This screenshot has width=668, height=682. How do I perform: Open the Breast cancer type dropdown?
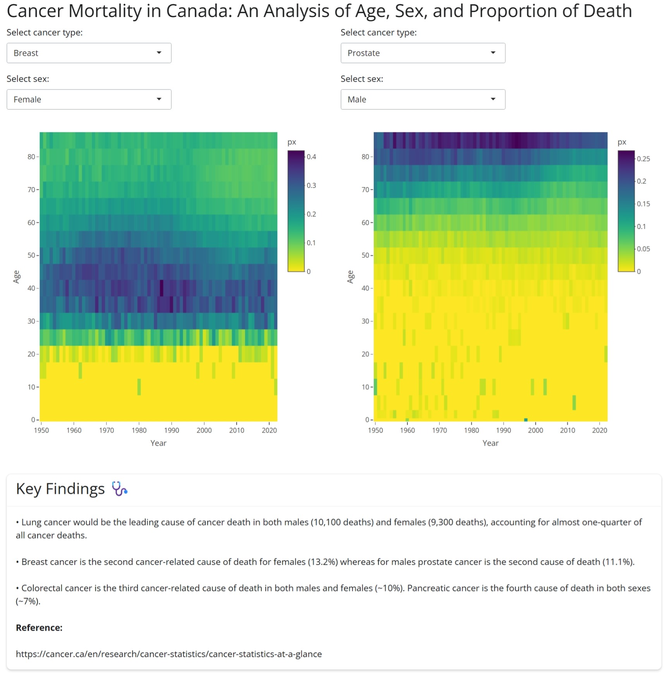(x=89, y=53)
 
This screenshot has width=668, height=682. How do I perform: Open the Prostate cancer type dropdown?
(x=422, y=53)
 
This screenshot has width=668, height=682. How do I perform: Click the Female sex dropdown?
(x=89, y=100)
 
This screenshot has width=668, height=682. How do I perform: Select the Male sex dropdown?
(x=422, y=100)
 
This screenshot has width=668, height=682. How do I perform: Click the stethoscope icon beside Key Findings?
(x=120, y=489)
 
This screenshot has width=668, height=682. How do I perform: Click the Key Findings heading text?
(x=60, y=489)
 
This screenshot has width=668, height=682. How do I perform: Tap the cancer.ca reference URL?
(x=169, y=654)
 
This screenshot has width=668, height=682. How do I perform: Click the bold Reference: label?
(x=39, y=628)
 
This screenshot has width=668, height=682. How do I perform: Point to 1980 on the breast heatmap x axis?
(x=139, y=430)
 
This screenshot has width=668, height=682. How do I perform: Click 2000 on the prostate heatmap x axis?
(x=535, y=430)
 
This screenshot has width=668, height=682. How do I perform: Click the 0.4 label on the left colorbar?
(x=311, y=157)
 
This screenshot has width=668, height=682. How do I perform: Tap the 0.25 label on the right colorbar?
(x=643, y=159)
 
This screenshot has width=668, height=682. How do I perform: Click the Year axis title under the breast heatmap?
(x=158, y=443)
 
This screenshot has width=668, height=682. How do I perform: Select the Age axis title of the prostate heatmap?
(x=350, y=277)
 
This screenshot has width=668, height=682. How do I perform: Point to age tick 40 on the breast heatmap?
(x=31, y=288)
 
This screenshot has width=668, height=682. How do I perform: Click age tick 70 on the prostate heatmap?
(x=365, y=190)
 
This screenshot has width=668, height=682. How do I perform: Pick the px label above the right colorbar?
(x=622, y=142)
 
